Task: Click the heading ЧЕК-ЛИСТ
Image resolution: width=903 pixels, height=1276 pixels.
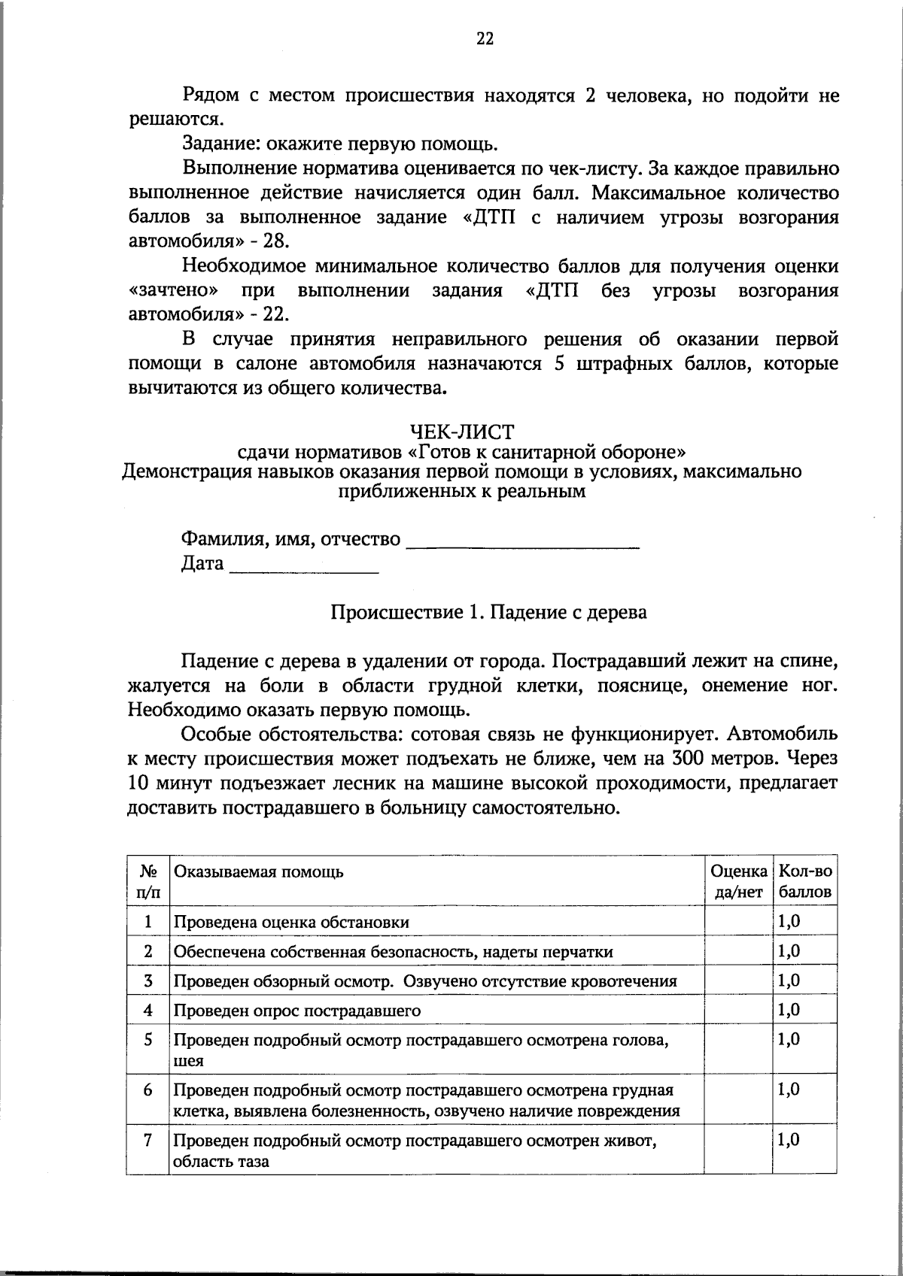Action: (461, 432)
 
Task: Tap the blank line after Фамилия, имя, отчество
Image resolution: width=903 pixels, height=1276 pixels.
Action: (522, 541)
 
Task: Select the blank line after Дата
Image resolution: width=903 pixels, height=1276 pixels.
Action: (303, 565)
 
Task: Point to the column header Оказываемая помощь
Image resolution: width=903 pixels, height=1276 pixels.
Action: (259, 871)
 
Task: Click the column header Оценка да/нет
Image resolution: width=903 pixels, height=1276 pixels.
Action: (738, 881)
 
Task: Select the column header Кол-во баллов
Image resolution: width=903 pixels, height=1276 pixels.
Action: (805, 881)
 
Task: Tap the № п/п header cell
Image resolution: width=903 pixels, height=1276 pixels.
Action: (148, 881)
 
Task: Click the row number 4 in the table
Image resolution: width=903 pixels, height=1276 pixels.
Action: (148, 1010)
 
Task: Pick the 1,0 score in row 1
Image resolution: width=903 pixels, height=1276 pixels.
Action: (789, 921)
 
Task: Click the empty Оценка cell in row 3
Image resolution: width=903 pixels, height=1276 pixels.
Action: (738, 980)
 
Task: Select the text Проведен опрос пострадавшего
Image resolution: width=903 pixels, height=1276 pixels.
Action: (297, 1011)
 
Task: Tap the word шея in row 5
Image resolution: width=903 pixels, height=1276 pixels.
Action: (189, 1061)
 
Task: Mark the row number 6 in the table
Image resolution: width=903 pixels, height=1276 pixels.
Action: (148, 1090)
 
